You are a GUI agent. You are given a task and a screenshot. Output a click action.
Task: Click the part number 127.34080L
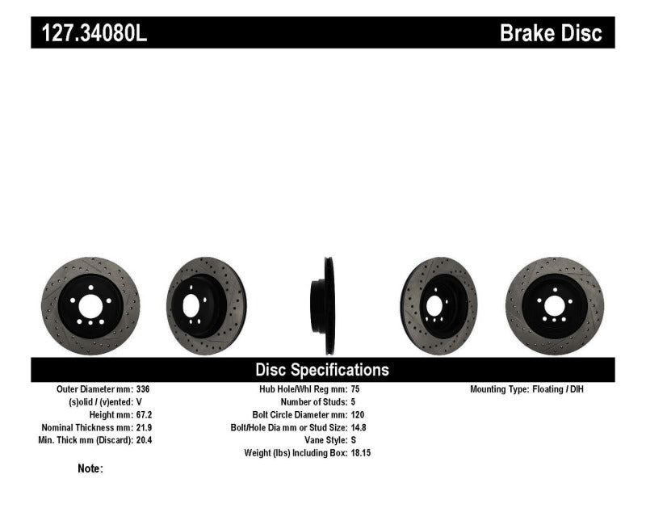tap(90, 33)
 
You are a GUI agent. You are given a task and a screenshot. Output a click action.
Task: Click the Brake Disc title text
tap(551, 33)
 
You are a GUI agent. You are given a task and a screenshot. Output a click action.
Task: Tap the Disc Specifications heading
tap(322, 370)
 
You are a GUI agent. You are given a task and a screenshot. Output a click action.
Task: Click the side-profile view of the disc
tap(326, 305)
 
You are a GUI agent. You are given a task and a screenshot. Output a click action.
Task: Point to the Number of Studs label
tap(312, 401)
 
